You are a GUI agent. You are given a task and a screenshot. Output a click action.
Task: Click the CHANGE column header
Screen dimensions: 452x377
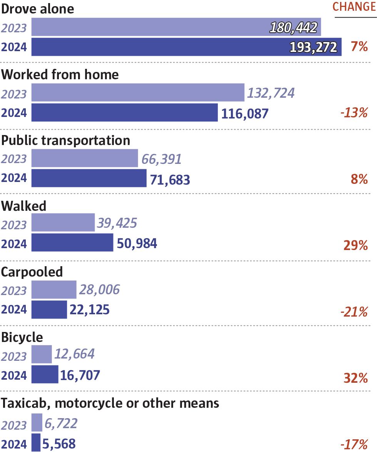(354, 7)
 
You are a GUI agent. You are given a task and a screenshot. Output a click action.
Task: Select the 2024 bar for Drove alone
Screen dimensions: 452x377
(186, 47)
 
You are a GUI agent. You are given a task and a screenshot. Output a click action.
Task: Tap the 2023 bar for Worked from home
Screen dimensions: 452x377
(138, 93)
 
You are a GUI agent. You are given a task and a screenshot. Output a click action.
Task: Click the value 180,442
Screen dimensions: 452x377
(294, 28)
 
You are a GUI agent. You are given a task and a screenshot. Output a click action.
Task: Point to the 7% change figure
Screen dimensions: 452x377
(359, 47)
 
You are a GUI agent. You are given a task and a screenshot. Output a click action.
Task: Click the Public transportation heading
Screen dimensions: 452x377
(66, 140)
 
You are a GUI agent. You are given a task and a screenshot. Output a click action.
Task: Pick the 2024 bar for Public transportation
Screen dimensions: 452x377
(89, 178)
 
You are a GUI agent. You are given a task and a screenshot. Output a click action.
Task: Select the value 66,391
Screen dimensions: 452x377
(162, 159)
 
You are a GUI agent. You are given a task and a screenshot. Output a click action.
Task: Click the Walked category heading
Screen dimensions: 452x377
(24, 206)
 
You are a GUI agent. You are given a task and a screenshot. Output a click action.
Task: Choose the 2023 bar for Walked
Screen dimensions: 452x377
(63, 223)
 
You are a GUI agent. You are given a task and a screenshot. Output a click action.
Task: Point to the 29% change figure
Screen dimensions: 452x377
(355, 245)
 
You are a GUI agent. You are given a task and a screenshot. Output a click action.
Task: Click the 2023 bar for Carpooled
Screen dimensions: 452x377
(54, 290)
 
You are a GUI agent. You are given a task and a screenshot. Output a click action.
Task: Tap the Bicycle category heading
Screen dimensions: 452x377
(22, 337)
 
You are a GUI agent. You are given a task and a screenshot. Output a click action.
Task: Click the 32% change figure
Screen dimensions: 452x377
(355, 378)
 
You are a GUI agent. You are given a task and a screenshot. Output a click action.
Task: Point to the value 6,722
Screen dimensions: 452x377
(61, 424)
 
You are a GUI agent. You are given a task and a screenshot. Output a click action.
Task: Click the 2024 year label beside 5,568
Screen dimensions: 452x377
(14, 444)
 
